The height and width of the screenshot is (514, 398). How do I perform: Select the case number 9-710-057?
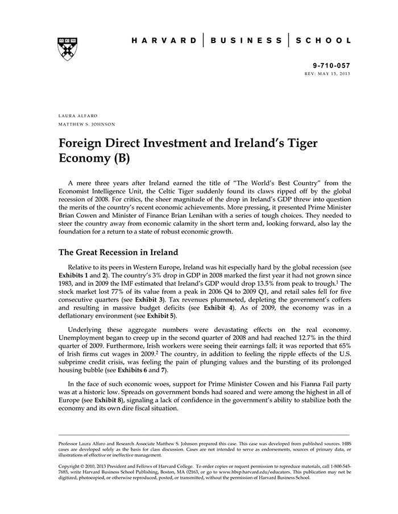[332, 66]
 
